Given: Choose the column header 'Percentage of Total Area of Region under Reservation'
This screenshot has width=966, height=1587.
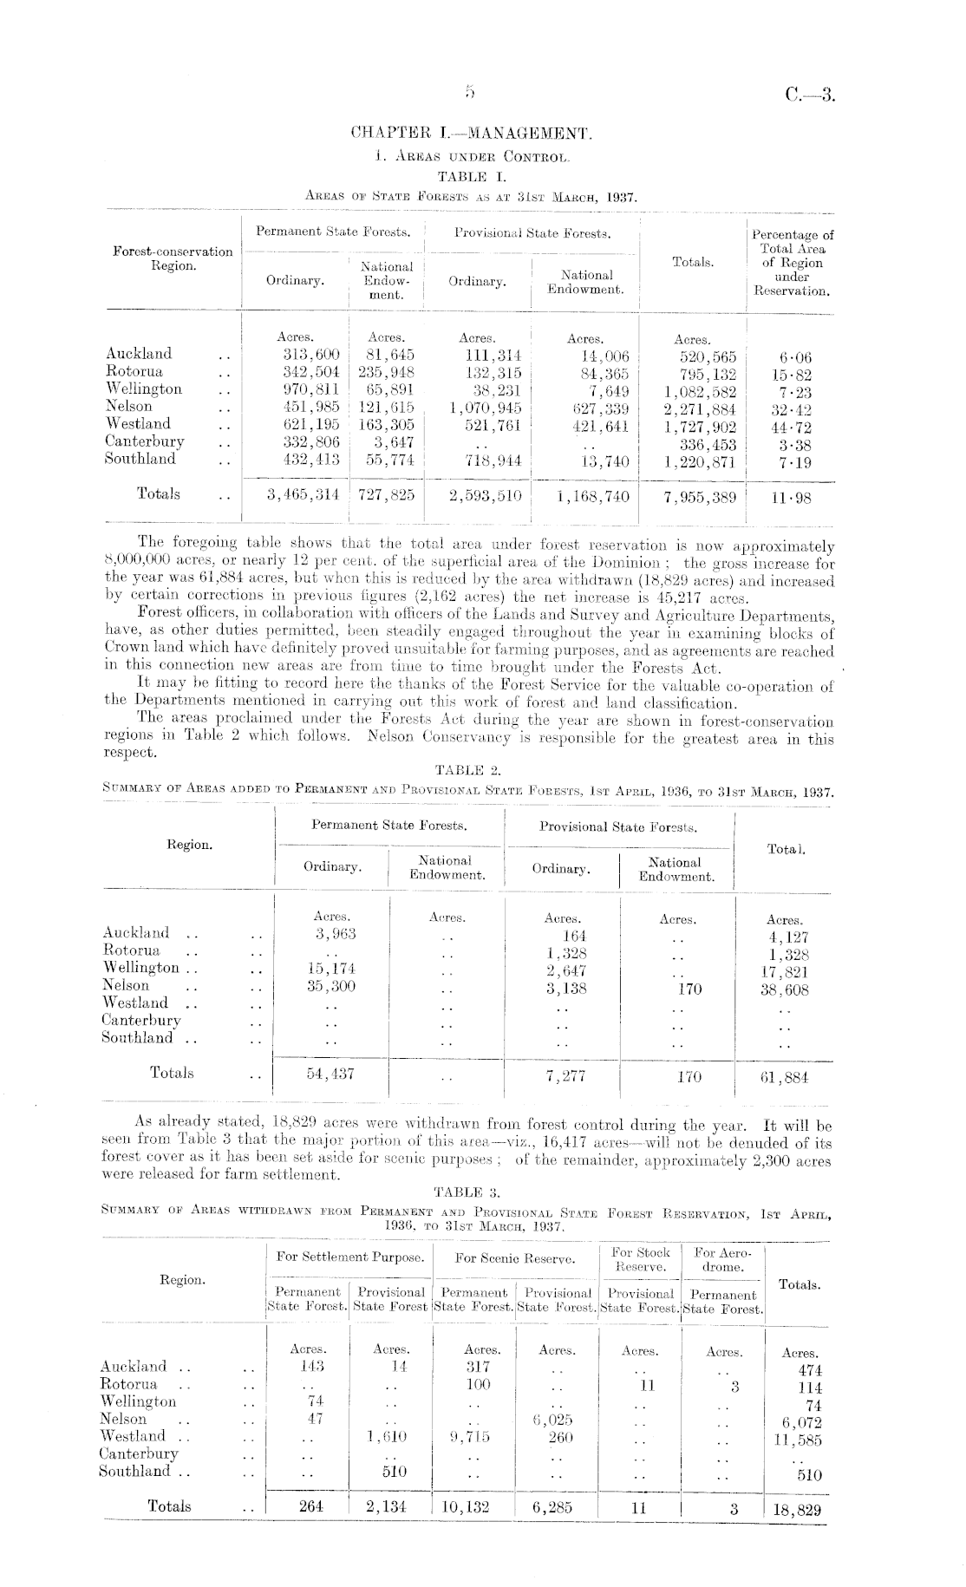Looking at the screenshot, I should pos(792,262).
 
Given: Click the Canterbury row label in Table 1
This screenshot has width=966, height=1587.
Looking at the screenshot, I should pos(144,441).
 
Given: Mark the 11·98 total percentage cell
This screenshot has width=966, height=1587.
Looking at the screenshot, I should pos(792,498).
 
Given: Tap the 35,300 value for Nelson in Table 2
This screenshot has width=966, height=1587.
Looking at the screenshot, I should pos(331,986).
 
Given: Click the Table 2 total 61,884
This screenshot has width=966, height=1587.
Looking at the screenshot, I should pos(784,1077).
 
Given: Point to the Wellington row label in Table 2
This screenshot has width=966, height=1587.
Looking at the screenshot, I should pos(140,968).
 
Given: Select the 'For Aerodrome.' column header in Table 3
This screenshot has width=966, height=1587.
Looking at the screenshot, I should pos(723,1260).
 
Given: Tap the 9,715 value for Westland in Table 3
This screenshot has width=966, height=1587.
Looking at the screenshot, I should pos(471,1437).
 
